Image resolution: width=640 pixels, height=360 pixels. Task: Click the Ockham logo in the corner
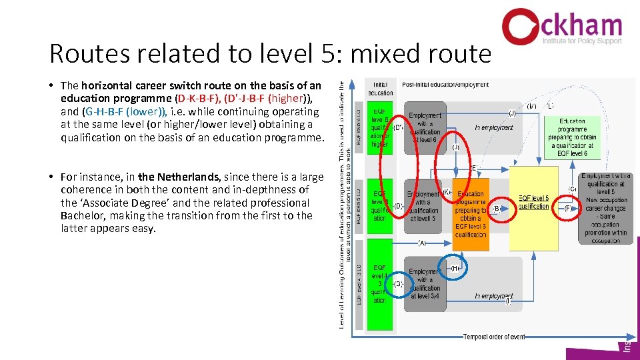(561, 27)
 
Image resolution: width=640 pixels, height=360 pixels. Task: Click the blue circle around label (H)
(456, 268)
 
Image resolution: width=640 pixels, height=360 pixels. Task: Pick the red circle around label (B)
(497, 208)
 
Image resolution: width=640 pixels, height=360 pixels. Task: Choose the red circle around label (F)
(567, 208)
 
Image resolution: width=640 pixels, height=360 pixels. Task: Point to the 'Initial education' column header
(380, 88)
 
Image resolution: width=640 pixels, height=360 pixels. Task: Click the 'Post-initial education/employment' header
(445, 85)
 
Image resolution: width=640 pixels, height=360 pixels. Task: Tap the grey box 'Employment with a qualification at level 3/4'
(425, 284)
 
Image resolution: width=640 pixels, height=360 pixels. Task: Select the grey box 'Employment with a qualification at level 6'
(425, 127)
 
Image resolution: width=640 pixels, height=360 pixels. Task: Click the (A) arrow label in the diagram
(422, 243)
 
